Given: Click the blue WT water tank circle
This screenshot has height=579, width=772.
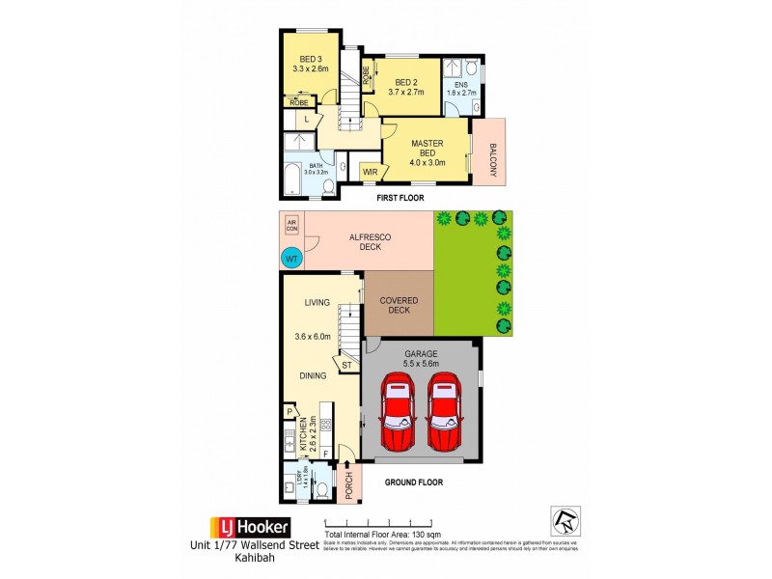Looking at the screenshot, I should coord(290,258).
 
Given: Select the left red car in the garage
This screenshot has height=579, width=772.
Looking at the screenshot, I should coord(397,412).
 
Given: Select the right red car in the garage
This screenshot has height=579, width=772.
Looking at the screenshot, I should coord(444,412).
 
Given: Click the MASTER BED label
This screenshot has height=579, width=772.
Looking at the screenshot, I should coord(427,150).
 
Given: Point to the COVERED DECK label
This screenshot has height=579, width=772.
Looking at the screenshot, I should coord(399,305).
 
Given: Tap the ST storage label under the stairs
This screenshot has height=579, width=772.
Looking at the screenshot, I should coord(346,365).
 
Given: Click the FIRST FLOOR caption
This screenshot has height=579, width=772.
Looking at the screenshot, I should coord(400,198).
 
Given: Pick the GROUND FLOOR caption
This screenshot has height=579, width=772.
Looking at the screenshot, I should coord(414,482).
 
